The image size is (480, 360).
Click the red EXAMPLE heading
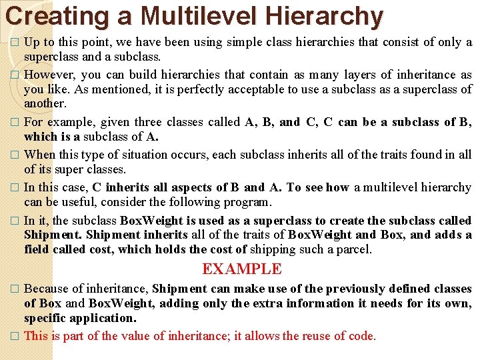pos(241,269)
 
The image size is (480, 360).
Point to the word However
pos(49,75)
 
